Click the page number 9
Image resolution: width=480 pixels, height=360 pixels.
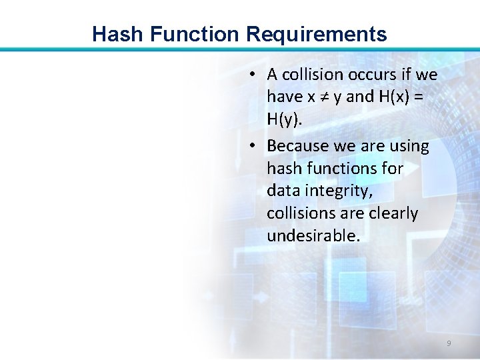pyautogui.click(x=449, y=343)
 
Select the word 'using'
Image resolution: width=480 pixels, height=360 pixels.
pyautogui.click(x=407, y=146)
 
